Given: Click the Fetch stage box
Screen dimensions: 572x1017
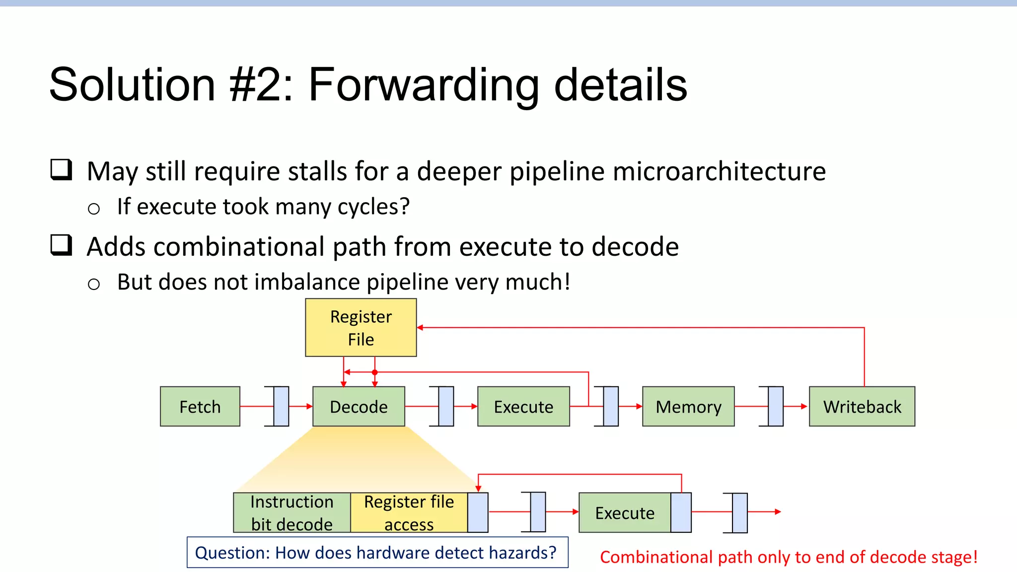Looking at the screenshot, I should [200, 406].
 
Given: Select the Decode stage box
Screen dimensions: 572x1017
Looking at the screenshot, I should [359, 406].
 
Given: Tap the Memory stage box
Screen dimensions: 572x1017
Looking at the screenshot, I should [688, 406].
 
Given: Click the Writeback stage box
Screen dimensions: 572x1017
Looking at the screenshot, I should [862, 406].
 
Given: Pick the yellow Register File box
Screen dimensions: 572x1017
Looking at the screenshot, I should [361, 327].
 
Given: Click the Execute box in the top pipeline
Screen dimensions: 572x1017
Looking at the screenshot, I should [523, 406].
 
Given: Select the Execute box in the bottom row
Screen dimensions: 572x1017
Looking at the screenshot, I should [625, 512].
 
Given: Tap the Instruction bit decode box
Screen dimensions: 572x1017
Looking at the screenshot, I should [292, 512].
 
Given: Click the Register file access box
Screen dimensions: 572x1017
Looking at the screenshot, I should [409, 512].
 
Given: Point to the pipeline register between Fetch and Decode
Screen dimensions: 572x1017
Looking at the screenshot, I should [281, 406].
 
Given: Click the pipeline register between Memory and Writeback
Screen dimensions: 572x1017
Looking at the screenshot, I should [776, 406].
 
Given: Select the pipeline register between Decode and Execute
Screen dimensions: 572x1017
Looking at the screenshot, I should [446, 406].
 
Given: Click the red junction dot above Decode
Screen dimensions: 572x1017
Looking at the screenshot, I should [375, 372].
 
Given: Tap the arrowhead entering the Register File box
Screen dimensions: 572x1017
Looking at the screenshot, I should [420, 328].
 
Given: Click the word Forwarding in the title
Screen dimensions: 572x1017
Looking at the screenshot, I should [423, 85].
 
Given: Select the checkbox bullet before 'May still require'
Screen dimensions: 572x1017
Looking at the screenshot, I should [62, 170].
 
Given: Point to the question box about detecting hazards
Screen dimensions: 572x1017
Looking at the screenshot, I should [377, 552].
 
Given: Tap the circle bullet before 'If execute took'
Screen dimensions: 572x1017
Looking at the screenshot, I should [93, 209].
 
